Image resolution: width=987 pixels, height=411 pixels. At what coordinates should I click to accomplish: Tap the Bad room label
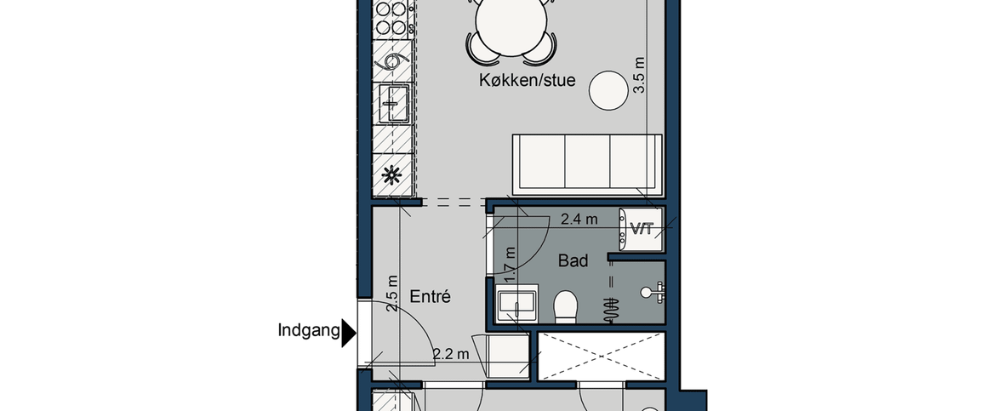tap(573, 261)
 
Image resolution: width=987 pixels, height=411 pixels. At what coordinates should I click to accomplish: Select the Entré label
tap(430, 298)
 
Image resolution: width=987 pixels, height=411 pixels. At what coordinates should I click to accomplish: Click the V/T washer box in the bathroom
tap(641, 229)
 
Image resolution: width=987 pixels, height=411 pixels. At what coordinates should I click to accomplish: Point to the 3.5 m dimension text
tap(641, 74)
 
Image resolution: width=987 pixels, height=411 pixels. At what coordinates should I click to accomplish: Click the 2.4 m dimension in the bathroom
tap(579, 220)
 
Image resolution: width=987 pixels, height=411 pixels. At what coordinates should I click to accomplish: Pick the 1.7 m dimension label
tap(511, 265)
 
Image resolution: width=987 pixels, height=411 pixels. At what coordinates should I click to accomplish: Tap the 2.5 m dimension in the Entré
tap(392, 294)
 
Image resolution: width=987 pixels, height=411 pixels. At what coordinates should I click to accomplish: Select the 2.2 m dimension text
tap(451, 353)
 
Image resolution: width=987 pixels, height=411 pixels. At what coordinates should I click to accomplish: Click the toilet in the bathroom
tap(566, 307)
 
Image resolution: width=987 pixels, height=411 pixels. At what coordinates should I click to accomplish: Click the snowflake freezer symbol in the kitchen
tap(392, 176)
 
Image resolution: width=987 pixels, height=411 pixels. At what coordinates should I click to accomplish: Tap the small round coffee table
tap(610, 90)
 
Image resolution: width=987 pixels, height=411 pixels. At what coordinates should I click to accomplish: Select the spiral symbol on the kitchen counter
tap(393, 61)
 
